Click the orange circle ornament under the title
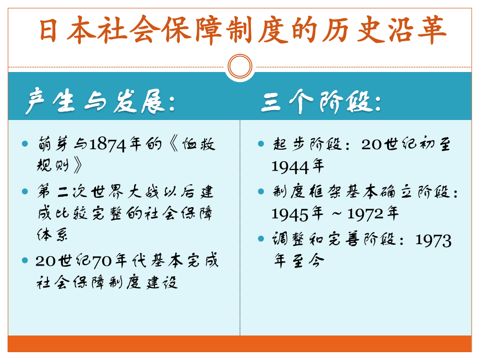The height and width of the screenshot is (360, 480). tap(240, 67)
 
